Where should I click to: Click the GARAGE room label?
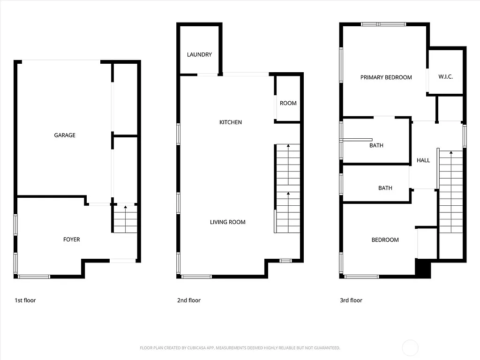pyautogui.click(x=65, y=135)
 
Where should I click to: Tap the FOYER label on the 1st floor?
pyautogui.click(x=72, y=240)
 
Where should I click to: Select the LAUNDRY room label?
pyautogui.click(x=199, y=55)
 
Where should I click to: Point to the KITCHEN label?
pyautogui.click(x=231, y=122)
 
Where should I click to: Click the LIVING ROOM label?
pyautogui.click(x=228, y=222)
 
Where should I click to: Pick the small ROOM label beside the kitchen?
pyautogui.click(x=288, y=103)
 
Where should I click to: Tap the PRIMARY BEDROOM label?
pyautogui.click(x=386, y=77)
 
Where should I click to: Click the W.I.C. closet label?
pyautogui.click(x=445, y=77)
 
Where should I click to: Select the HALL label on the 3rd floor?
pyautogui.click(x=423, y=160)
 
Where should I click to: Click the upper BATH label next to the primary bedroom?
pyautogui.click(x=376, y=145)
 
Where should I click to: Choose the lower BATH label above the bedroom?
pyautogui.click(x=385, y=188)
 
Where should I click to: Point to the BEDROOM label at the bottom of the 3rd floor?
pyautogui.click(x=385, y=240)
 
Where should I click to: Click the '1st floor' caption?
pyautogui.click(x=25, y=300)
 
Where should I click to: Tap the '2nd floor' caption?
pyautogui.click(x=189, y=300)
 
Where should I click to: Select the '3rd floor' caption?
pyautogui.click(x=351, y=300)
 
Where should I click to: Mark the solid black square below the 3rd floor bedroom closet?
pyautogui.click(x=423, y=268)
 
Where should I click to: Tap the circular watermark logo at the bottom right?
pyautogui.click(x=411, y=347)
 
